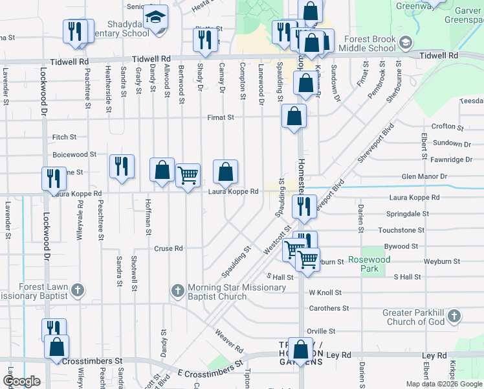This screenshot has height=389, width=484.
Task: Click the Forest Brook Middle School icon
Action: pyautogui.click(x=406, y=44)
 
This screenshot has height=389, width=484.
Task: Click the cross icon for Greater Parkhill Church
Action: pyautogui.click(x=454, y=316)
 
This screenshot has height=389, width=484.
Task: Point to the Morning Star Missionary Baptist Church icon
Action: pyautogui.click(x=178, y=292)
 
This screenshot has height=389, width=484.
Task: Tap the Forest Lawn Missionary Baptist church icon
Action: pyautogui.click(x=77, y=290)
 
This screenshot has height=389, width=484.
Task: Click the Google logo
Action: pyautogui.click(x=22, y=381)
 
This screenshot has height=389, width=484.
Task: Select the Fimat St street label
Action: pyautogui.click(x=220, y=117)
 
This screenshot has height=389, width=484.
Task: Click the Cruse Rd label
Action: pyautogui.click(x=168, y=248)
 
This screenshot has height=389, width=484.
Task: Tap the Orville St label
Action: pyautogui.click(x=322, y=331)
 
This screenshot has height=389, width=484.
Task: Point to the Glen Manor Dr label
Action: pyautogui.click(x=424, y=176)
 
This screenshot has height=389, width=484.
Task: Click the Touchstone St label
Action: pyautogui.click(x=401, y=230)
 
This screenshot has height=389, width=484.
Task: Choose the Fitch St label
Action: pyautogui.click(x=64, y=137)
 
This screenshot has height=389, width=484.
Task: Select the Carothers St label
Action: pyautogui.click(x=329, y=309)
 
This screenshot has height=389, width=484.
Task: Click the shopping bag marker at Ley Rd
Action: pyautogui.click(x=301, y=351)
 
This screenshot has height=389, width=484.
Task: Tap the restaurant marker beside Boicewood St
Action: pyautogui.click(x=121, y=167)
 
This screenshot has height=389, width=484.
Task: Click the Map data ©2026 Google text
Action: pyautogui.click(x=443, y=384)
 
